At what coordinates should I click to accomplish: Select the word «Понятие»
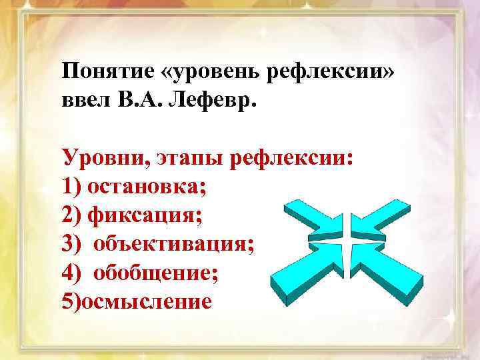pos(107,71)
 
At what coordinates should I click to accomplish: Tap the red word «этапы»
pos(190,159)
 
